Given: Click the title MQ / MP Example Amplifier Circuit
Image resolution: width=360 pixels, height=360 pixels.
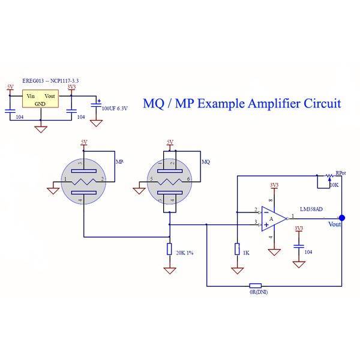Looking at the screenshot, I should pos(242,103).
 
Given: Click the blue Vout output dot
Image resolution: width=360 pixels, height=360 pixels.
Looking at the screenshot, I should pos(342,218).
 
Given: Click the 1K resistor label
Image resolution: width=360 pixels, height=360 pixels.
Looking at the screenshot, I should pos(246,253).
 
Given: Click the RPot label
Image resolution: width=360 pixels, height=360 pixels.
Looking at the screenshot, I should pos(340,172).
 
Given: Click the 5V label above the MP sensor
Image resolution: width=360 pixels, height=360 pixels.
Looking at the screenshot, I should pos(83,142).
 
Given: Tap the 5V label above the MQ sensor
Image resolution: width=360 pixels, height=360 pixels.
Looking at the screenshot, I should pos(170,142).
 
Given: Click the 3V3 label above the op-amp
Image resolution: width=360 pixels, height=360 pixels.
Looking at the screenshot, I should pos(274,185).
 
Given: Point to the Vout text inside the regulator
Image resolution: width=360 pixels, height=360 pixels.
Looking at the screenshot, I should pos(52,96).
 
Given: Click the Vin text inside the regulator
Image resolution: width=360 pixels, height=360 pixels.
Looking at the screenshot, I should pos(31,96).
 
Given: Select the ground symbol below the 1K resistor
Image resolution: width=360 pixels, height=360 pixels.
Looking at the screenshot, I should pos(238,271).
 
